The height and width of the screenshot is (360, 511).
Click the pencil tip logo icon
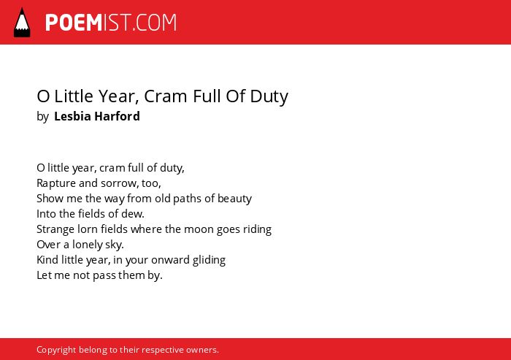coord(22,22)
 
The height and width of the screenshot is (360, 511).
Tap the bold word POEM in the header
coord(74,23)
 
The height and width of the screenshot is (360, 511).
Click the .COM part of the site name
coord(154,23)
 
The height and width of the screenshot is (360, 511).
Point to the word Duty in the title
coord(269,97)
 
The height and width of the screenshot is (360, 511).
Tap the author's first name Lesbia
coord(72,116)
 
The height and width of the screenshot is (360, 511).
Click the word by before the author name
coord(42,117)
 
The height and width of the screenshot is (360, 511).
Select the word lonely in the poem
coord(88,245)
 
